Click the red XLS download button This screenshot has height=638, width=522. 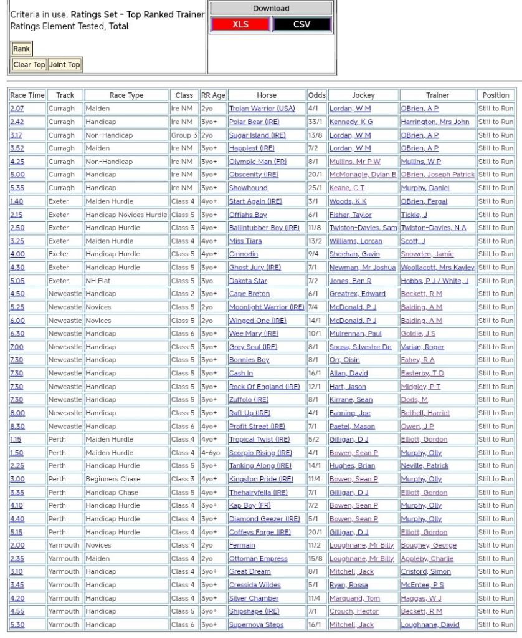(x=240, y=24)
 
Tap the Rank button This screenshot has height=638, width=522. (x=21, y=49)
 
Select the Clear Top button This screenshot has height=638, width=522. (x=29, y=64)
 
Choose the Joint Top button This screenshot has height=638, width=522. (x=65, y=64)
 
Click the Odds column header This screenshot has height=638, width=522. (x=316, y=95)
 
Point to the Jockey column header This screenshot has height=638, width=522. (x=363, y=95)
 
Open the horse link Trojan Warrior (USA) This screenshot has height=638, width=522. (x=262, y=109)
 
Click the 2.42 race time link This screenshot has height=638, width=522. (x=17, y=122)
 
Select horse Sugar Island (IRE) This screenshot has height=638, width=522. (x=257, y=135)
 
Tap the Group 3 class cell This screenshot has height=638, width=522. (x=184, y=135)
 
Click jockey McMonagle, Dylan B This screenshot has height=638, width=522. (x=363, y=175)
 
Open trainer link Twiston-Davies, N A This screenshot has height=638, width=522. (x=433, y=228)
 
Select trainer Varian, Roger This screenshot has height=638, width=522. (x=422, y=347)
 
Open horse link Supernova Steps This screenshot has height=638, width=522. (x=256, y=624)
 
